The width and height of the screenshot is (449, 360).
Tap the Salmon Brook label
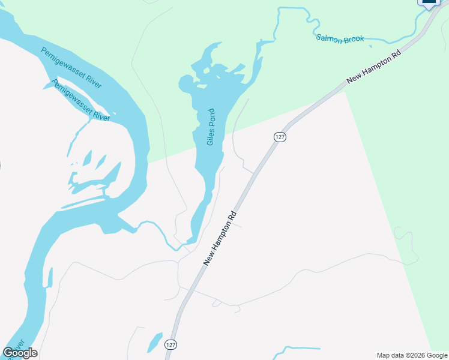pyautogui.click(x=340, y=40)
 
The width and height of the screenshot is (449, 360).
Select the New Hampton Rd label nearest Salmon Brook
pyautogui.click(x=373, y=67)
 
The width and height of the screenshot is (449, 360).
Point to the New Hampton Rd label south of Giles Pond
pyautogui.click(x=220, y=238)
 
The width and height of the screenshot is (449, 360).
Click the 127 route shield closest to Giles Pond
pyautogui.click(x=280, y=137)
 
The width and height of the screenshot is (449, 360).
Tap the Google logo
pyautogui.click(x=20, y=353)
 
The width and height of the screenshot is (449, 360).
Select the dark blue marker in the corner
pyautogui.click(x=429, y=3)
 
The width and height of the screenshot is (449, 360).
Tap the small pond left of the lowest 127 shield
pyautogui.click(x=155, y=341)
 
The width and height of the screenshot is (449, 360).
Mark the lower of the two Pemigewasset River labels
pyautogui.click(x=82, y=100)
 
